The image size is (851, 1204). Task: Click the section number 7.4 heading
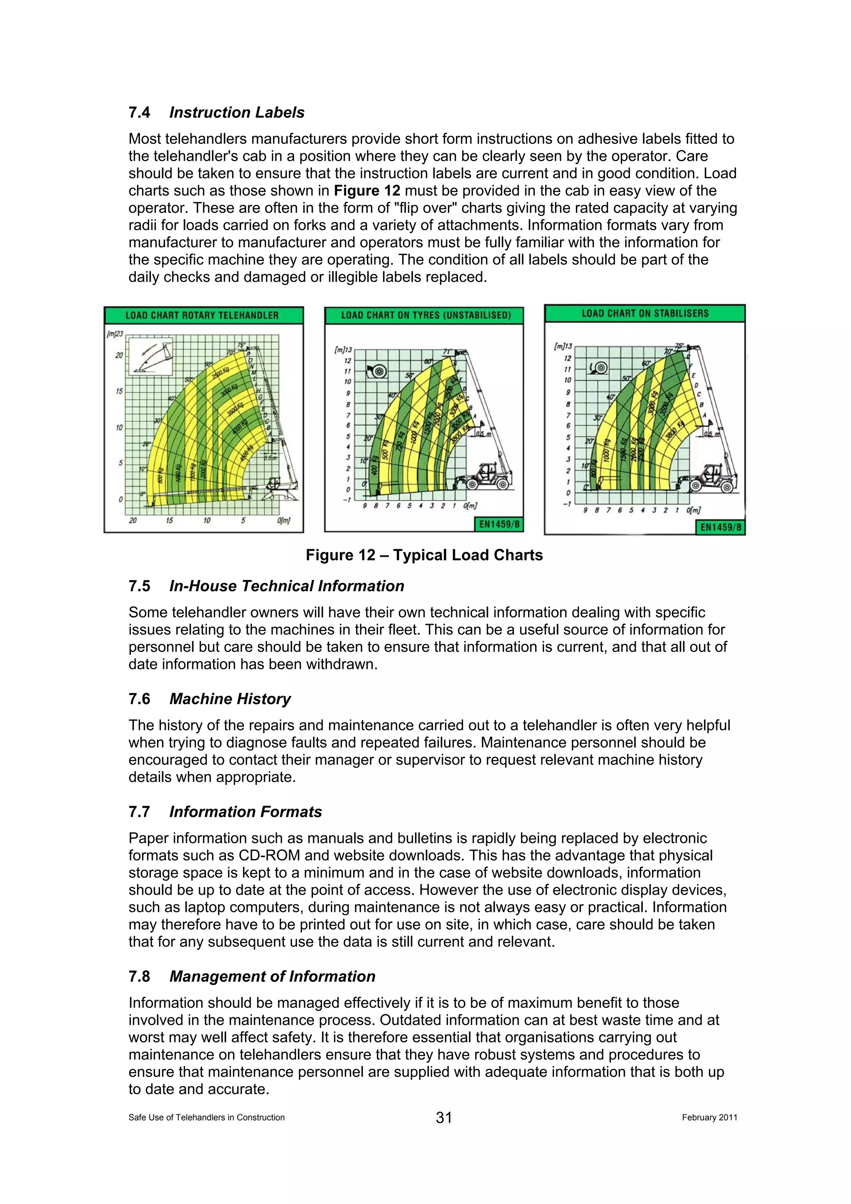pyautogui.click(x=140, y=113)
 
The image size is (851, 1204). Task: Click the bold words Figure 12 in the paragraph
pyautogui.click(x=366, y=191)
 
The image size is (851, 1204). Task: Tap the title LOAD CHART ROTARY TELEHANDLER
pyautogui.click(x=202, y=316)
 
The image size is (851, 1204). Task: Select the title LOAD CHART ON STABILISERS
pyautogui.click(x=645, y=314)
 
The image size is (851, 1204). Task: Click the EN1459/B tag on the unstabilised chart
pyautogui.click(x=499, y=524)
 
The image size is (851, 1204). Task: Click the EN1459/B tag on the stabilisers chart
pyautogui.click(x=721, y=527)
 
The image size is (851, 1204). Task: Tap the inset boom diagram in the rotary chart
pyautogui.click(x=150, y=356)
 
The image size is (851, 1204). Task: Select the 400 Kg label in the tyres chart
pyautogui.click(x=374, y=464)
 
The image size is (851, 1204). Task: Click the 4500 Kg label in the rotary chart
pyautogui.click(x=246, y=452)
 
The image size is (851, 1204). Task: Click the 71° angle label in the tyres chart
pyautogui.click(x=447, y=352)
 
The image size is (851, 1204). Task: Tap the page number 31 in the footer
pyautogui.click(x=444, y=1118)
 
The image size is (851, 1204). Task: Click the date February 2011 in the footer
pyautogui.click(x=709, y=1118)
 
